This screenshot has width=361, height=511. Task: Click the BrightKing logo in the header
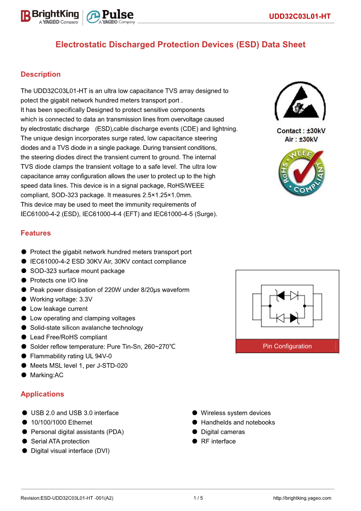coord(50,16)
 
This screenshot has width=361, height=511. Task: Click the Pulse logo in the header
coord(110,16)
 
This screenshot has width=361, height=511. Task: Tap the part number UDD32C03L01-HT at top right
coord(299,17)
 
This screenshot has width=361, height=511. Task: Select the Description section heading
coord(40,74)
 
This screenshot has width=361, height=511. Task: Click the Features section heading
coord(35,233)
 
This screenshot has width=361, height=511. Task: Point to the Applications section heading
coord(42,394)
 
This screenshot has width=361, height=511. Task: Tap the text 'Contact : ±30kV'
coord(301,131)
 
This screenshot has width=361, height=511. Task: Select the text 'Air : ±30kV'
coord(301,139)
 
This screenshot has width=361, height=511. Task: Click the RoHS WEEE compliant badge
coord(302,173)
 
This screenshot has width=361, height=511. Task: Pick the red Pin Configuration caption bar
coord(287,346)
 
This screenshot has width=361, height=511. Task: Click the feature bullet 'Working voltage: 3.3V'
coord(61,299)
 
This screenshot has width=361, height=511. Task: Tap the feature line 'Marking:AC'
coord(46,375)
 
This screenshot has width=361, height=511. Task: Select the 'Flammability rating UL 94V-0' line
coord(70,356)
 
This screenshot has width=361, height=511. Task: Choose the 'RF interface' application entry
coord(218,441)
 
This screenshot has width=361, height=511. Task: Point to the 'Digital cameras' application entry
coord(223,432)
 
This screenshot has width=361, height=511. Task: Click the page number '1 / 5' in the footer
coord(198,498)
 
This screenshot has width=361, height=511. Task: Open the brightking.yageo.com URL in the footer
coord(302,498)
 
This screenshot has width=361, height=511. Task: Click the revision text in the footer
coord(67,498)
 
